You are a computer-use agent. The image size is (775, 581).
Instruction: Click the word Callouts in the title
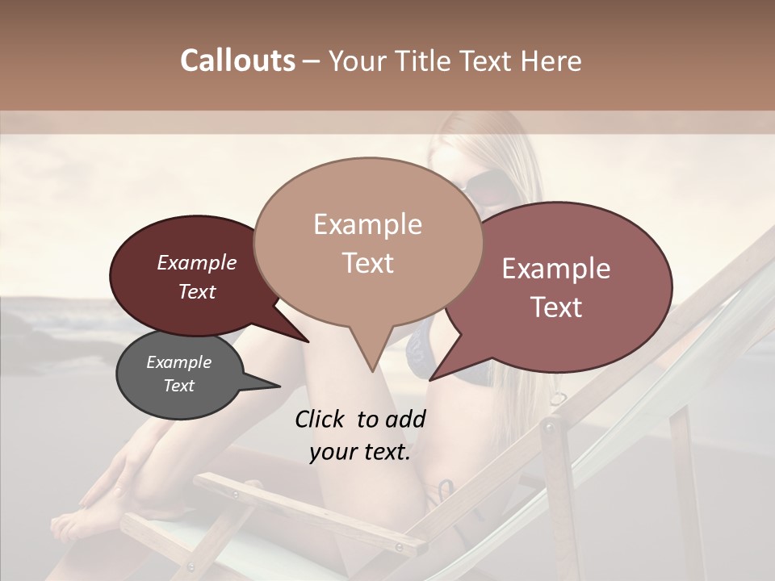click(x=237, y=61)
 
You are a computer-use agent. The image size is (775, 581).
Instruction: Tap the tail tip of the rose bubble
click(x=431, y=379)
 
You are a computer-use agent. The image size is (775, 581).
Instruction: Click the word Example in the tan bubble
click(x=367, y=224)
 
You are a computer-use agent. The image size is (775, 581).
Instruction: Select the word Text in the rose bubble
click(x=557, y=307)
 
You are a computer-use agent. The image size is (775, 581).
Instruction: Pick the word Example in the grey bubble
click(x=178, y=362)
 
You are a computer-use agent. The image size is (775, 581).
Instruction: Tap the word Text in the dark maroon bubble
click(x=197, y=292)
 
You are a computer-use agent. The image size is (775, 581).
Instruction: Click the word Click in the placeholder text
click(x=320, y=419)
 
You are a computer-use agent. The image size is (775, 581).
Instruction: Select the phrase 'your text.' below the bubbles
click(x=360, y=452)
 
